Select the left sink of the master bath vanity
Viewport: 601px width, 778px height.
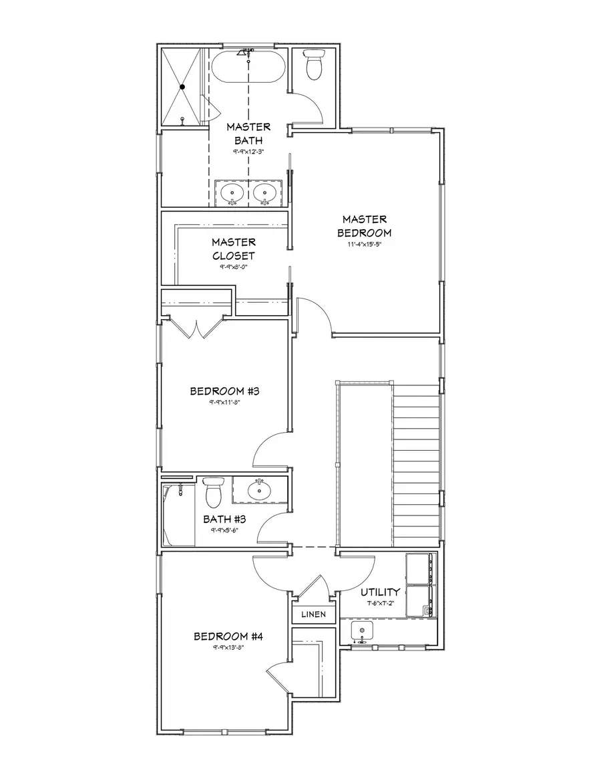point(232,193)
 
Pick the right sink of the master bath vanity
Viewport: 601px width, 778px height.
point(264,193)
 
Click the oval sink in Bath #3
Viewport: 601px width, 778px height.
point(259,491)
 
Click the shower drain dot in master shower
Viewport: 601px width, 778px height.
point(182,87)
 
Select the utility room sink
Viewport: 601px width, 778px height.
point(361,630)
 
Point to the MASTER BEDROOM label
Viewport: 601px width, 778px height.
point(365,226)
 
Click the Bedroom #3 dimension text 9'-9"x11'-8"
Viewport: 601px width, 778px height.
point(224,403)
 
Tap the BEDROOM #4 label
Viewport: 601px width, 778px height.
point(228,636)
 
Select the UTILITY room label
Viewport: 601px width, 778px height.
point(381,592)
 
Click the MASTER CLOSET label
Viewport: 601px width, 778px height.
point(233,248)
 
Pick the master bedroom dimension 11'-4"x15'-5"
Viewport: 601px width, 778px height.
point(365,244)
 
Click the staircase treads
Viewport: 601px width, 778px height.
point(415,461)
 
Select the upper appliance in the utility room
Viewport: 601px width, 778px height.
point(419,569)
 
